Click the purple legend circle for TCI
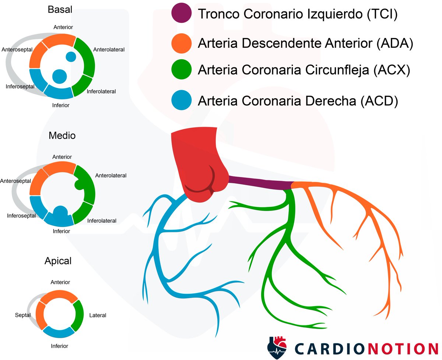tap(182, 14)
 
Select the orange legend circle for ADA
tap(182, 43)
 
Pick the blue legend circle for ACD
tap(182, 100)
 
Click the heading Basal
tap(60, 10)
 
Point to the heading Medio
tap(62, 135)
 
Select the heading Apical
tap(58, 261)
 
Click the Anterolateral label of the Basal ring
tap(109, 49)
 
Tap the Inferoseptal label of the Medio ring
tap(21, 215)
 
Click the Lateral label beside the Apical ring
tap(98, 315)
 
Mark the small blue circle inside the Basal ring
tap(71, 57)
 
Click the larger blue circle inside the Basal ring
tap(59, 76)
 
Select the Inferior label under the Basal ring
tap(61, 105)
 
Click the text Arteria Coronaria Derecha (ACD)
tap(298, 100)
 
